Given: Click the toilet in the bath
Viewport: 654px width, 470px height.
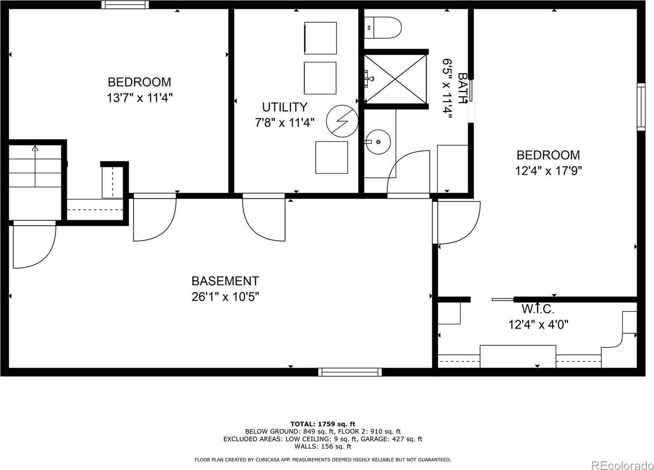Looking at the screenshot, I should [383, 27].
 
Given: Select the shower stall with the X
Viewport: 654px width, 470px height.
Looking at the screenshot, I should [395, 79].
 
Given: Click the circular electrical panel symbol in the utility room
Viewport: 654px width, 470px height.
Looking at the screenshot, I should [342, 121].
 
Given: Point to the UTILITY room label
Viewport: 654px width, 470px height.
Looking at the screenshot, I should [284, 107].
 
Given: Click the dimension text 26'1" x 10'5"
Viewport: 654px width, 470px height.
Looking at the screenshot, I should [225, 297].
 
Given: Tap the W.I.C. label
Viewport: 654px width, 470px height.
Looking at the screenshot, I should [538, 309].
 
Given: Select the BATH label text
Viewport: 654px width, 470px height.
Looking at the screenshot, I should [462, 88].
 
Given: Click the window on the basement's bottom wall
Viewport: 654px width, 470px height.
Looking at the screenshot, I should [350, 372].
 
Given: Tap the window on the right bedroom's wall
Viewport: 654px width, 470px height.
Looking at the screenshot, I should [641, 107].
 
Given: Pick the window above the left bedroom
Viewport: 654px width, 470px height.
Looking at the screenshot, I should [125, 4].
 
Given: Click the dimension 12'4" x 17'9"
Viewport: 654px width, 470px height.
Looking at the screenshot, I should [548, 171].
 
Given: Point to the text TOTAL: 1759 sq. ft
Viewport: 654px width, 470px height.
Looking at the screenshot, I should [323, 424].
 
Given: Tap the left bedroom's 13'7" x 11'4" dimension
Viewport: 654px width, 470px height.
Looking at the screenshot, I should [139, 98].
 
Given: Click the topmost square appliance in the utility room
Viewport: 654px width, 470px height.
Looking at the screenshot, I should [320, 38].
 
